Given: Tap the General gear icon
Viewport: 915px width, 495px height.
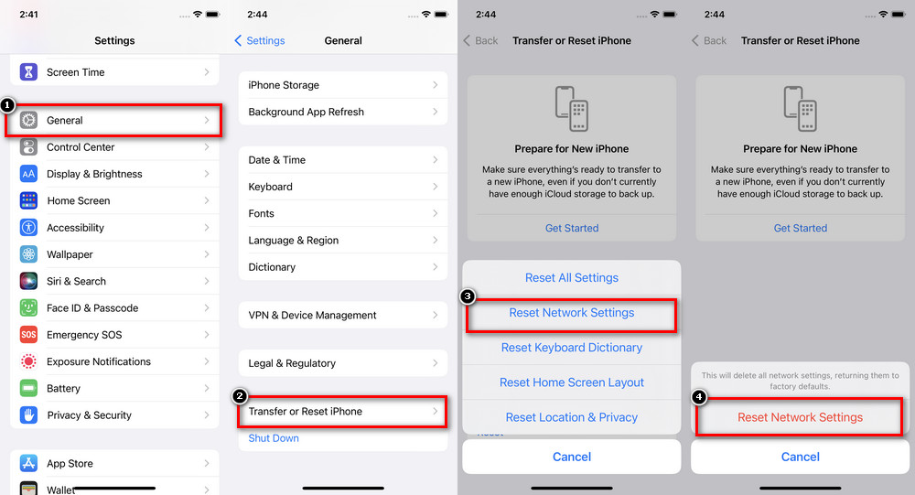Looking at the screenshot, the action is tap(28, 120).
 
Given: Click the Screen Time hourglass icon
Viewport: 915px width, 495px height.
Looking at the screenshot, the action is tap(28, 71).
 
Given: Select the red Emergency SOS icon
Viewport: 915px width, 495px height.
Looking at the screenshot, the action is tap(28, 335).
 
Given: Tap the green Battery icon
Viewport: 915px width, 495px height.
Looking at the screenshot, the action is tap(28, 388).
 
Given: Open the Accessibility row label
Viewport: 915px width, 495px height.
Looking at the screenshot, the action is tap(75, 228).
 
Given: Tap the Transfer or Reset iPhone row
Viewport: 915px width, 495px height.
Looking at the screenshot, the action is tap(343, 412).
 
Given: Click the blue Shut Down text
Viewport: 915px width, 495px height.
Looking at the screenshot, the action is tap(274, 438).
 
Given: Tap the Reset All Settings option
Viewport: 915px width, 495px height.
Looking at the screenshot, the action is tap(572, 278).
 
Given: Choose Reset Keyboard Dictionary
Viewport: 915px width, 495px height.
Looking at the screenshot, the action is tap(572, 348).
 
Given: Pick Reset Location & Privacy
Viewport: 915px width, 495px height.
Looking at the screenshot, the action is tap(572, 417).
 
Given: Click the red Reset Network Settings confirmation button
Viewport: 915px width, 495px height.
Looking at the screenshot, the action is tap(800, 417).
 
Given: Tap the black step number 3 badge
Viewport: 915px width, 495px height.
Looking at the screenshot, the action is tap(468, 296).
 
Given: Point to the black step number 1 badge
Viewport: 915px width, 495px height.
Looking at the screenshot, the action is tap(7, 105).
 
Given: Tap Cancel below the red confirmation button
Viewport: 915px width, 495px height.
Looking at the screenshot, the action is tap(800, 457).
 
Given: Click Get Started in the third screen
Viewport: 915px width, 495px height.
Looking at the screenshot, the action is tap(572, 228).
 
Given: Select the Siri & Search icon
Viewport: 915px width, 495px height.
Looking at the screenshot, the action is tap(28, 281).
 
